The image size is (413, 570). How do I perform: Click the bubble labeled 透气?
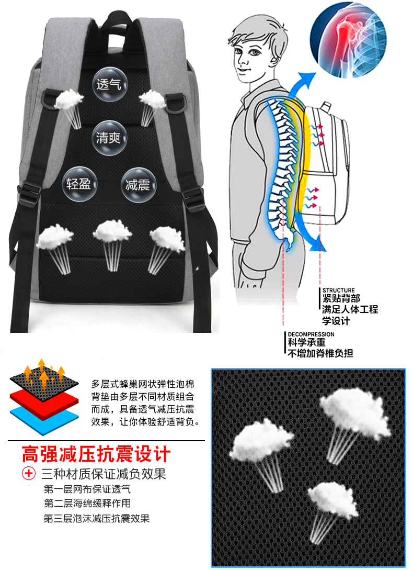point(109,84)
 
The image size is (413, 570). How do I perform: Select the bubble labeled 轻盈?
point(78,185)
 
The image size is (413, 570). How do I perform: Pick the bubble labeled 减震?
point(137,185)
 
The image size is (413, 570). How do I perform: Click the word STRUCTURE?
point(338,290)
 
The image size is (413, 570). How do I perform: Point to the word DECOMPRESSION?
point(311,334)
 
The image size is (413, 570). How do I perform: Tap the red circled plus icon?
point(28,474)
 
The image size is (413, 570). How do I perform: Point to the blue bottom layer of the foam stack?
point(44,419)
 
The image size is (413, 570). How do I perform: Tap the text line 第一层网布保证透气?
point(87,490)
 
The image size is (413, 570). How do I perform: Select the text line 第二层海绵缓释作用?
point(87,504)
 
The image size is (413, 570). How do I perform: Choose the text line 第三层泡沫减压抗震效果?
point(97,519)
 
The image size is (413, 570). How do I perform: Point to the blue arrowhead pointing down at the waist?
point(316,245)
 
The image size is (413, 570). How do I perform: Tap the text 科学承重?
point(307,343)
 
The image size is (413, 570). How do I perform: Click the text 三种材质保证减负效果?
point(104,474)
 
